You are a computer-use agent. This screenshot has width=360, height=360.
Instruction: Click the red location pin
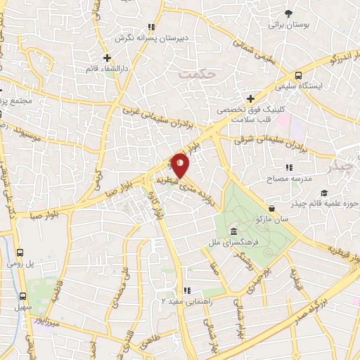point(180,165)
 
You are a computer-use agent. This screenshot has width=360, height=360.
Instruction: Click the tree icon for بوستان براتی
point(288,13)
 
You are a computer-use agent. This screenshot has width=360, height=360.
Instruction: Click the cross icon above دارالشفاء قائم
point(106,58)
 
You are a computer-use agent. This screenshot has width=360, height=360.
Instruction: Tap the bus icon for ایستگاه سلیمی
point(299,75)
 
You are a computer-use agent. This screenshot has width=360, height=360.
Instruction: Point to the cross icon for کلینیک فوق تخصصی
point(250,98)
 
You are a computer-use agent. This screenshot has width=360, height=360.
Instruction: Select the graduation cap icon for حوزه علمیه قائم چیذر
point(324,193)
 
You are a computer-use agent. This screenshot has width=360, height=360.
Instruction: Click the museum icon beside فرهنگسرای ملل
point(233,232)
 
